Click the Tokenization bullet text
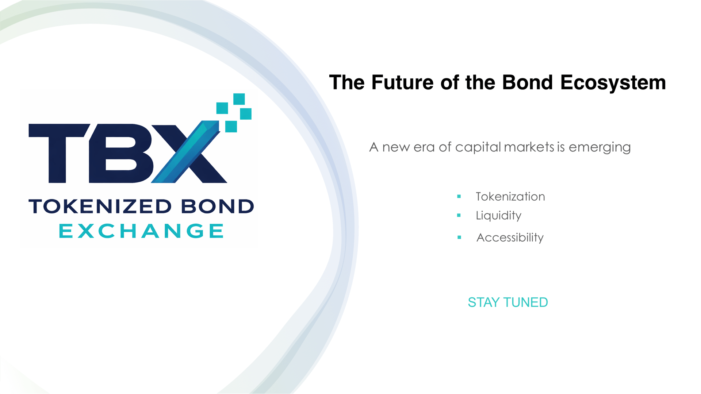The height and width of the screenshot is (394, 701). (x=510, y=197)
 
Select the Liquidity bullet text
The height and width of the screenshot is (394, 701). (x=498, y=216)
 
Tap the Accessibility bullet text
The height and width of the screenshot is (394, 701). (x=510, y=237)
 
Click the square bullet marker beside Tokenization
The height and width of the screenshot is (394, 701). (x=459, y=197)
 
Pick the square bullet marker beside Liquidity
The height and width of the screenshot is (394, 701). (x=459, y=216)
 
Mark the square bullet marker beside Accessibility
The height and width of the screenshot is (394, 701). (x=459, y=237)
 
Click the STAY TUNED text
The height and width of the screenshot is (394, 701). (x=507, y=302)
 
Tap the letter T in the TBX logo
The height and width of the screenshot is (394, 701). (x=59, y=153)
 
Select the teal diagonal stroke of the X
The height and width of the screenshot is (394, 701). (x=185, y=152)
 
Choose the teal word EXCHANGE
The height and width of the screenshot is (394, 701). (x=141, y=231)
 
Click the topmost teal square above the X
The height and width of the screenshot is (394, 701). (x=239, y=99)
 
